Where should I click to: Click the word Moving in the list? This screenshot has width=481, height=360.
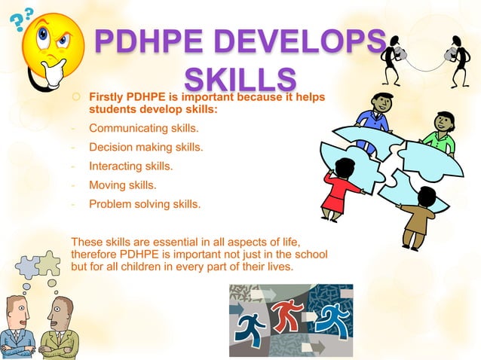106,185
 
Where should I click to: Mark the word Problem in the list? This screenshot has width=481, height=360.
109,203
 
